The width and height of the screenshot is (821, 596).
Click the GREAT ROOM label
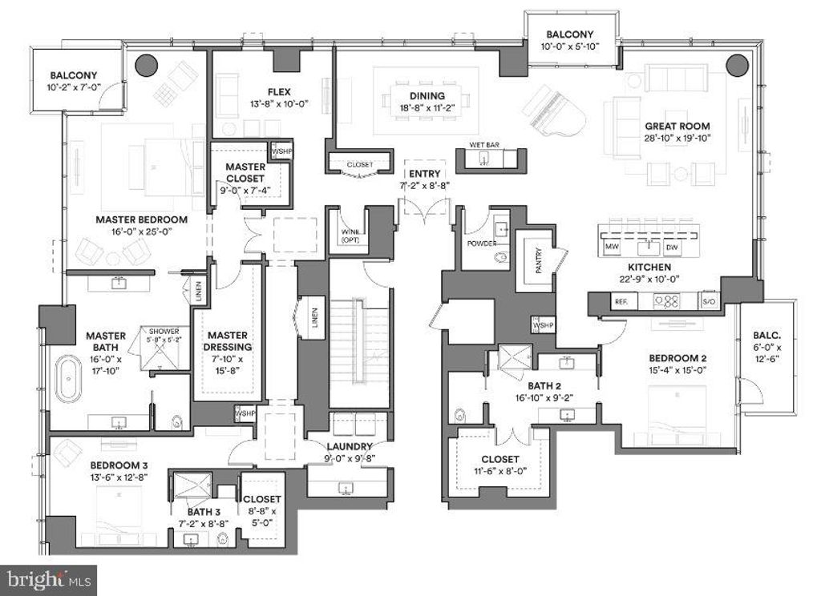[677, 126]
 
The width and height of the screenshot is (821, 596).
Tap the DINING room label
[422, 96]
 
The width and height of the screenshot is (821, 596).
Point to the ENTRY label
[423, 174]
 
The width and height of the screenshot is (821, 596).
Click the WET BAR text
[485, 146]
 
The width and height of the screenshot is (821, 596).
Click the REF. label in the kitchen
[619, 302]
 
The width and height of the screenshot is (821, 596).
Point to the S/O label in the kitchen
[707, 302]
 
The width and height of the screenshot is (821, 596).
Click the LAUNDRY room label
[349, 446]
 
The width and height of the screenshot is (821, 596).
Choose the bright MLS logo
[48, 579]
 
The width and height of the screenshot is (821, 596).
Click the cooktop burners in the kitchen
[667, 302]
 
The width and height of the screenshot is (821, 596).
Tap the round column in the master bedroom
[145, 65]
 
